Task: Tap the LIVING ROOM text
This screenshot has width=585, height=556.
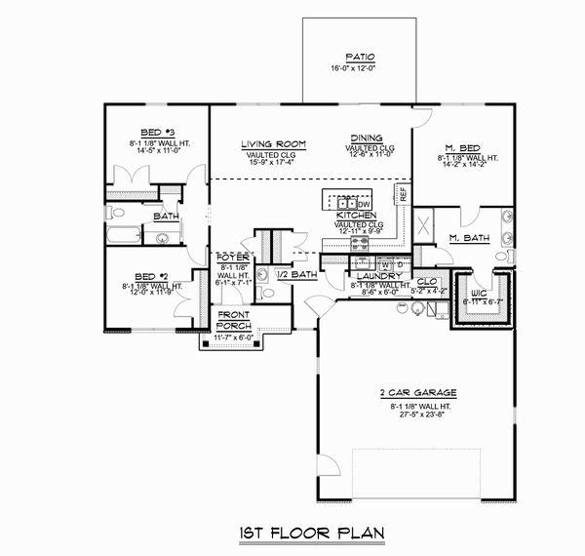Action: [274, 144]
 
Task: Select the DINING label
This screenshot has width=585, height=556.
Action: [368, 139]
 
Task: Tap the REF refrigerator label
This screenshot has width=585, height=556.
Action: [404, 192]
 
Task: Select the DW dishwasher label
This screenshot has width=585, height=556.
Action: [362, 203]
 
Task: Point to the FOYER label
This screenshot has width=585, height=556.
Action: [233, 258]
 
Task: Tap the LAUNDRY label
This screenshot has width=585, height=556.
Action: [372, 276]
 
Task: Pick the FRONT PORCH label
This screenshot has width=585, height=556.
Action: [234, 321]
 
